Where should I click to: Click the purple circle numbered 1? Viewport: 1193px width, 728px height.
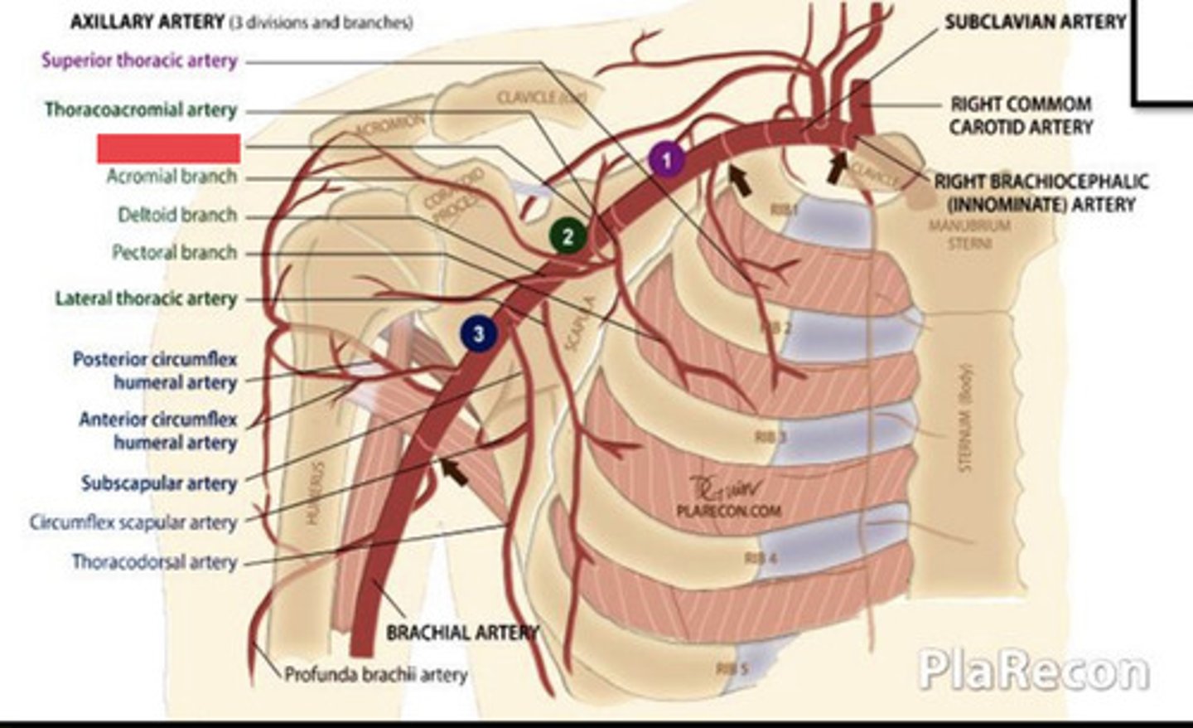(x=666, y=159)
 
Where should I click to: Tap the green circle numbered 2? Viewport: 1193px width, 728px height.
(x=568, y=236)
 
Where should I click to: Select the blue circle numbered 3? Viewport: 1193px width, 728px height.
(x=478, y=334)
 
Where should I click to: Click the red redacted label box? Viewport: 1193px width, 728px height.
(x=169, y=148)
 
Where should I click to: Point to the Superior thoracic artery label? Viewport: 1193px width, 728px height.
(x=139, y=61)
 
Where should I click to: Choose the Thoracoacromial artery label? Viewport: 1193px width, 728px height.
(x=141, y=109)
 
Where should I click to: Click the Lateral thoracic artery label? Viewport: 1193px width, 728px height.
(x=146, y=298)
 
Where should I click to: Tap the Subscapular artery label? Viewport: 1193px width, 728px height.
(x=159, y=483)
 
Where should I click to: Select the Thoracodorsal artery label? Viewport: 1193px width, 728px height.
(x=154, y=561)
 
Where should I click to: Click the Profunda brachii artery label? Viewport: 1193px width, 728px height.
(x=376, y=674)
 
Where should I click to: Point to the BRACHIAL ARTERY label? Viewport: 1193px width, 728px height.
(x=462, y=633)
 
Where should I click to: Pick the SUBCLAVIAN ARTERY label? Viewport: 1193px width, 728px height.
(x=1036, y=22)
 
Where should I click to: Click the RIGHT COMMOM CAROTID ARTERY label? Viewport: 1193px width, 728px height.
(x=1021, y=115)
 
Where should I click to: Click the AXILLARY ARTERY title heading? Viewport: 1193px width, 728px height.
(x=147, y=22)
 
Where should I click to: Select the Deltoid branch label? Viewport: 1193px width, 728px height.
(x=177, y=215)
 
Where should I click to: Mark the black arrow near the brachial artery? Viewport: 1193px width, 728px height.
(x=453, y=472)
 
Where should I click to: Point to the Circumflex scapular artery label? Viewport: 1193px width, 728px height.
(x=133, y=522)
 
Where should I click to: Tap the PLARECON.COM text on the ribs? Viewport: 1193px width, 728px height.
(x=728, y=511)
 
